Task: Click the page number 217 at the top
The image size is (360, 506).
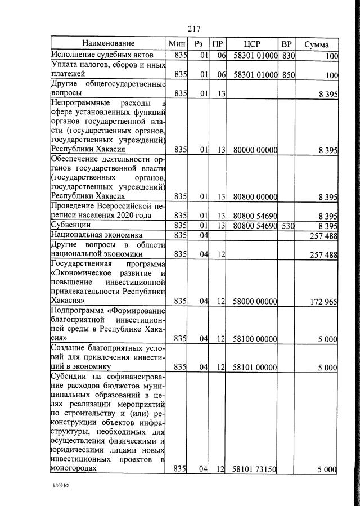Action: coord(193,29)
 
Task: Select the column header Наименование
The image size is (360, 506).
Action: coord(109,44)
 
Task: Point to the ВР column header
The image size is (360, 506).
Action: coord(287,44)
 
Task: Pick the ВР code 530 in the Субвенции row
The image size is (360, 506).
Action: coord(289,225)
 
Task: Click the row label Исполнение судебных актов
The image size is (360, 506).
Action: coord(102,55)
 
